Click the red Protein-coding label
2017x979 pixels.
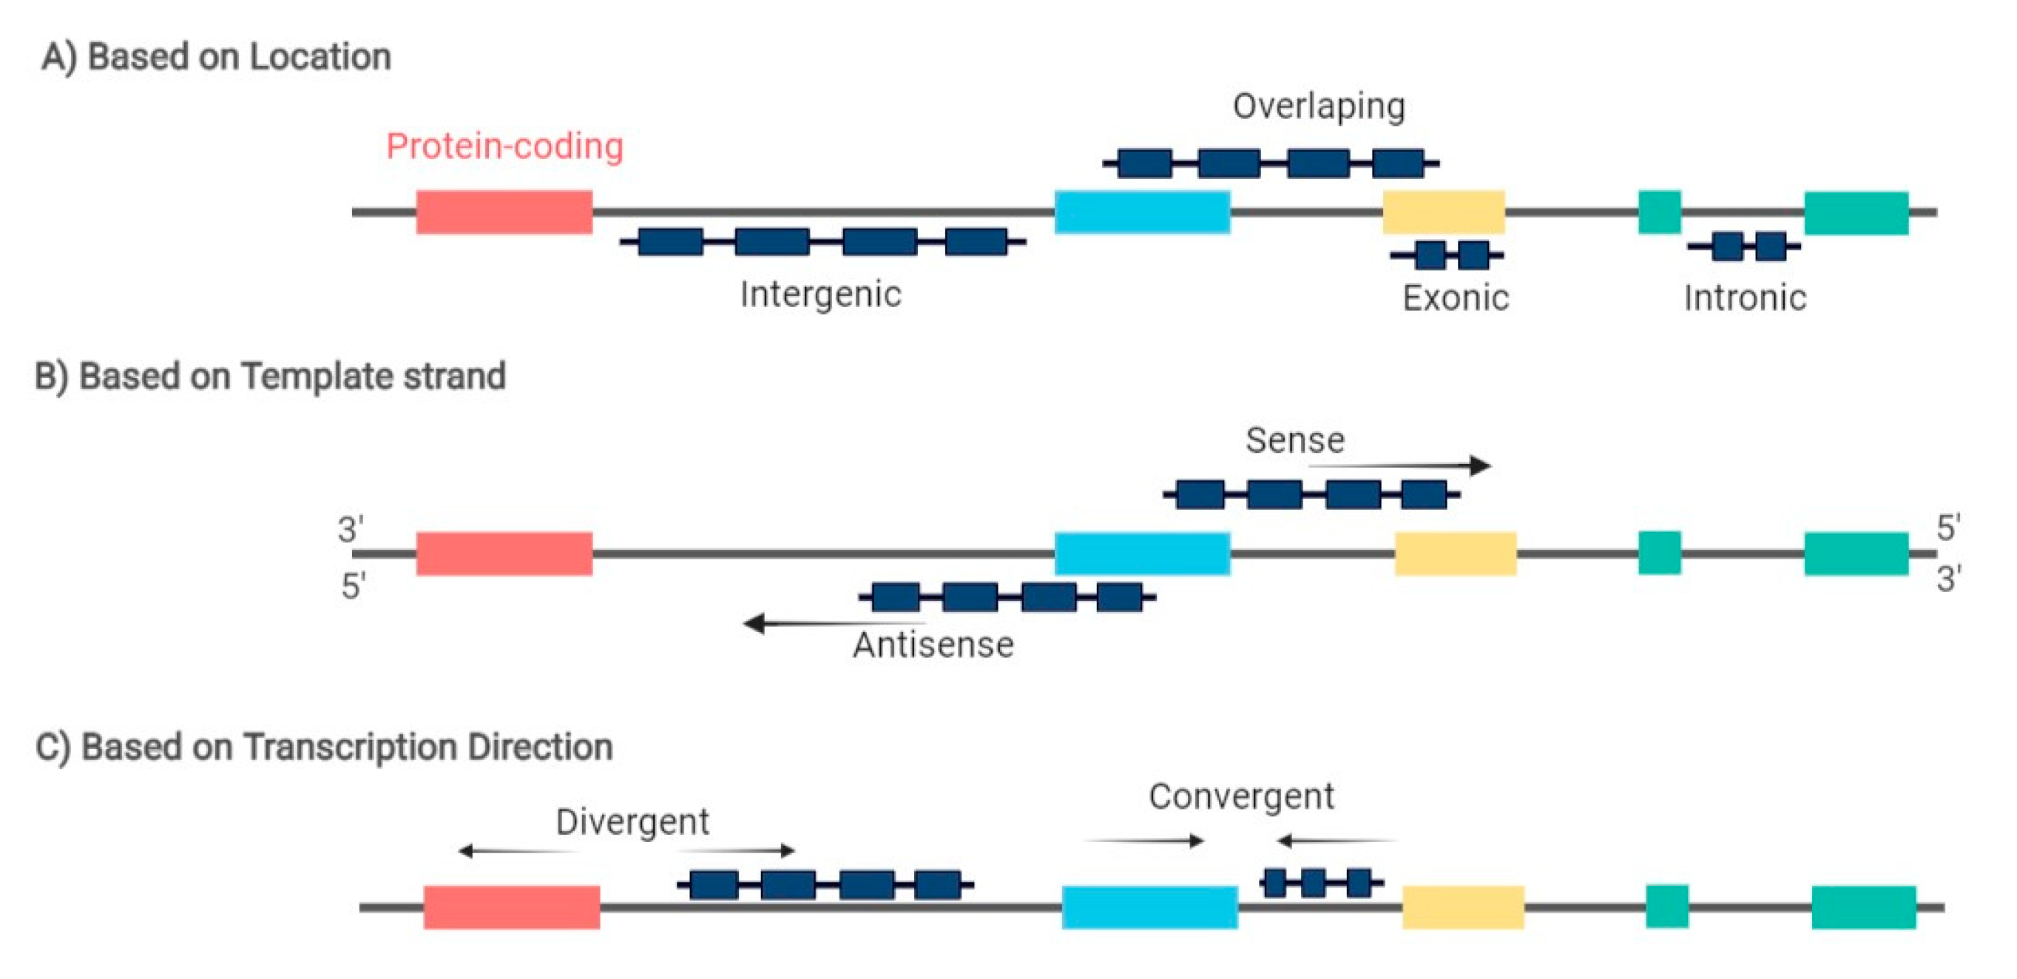[x=504, y=147]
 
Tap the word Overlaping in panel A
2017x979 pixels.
[x=1319, y=107]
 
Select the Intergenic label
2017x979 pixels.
[x=820, y=295]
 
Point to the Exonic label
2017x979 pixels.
[x=1455, y=298]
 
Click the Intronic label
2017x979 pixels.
[x=1745, y=298]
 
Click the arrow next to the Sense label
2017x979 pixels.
[x=1402, y=466]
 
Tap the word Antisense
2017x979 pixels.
[x=933, y=645]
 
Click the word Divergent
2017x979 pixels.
[x=632, y=822]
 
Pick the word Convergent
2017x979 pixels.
[x=1241, y=796]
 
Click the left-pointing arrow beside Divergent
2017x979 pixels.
[x=517, y=851]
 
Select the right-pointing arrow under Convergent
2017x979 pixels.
[x=1145, y=841]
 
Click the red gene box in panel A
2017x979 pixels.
[x=504, y=212]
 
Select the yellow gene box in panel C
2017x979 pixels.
[x=1462, y=907]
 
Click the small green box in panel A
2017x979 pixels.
[x=1659, y=212]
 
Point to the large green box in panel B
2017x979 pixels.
[x=1856, y=554]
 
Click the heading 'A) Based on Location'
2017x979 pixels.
[x=216, y=57]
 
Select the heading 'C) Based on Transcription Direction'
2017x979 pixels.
[x=324, y=747]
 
